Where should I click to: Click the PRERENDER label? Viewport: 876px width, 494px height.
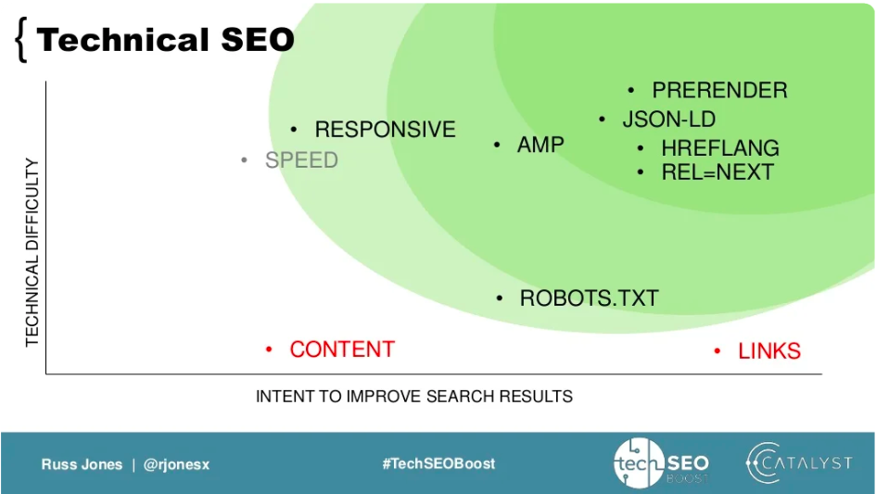pos(719,91)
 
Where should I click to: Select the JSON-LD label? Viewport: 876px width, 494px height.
pos(668,120)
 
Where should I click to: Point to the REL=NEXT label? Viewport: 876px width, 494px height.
pos(717,172)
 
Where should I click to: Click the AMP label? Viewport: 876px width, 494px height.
pos(540,145)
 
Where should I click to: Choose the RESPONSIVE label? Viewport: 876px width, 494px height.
pos(385,130)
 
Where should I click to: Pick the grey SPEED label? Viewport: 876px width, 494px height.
pos(301,160)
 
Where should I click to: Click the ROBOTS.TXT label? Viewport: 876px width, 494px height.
pos(589,298)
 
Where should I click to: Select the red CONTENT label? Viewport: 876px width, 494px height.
pos(342,349)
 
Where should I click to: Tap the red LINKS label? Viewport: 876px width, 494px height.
pos(768,351)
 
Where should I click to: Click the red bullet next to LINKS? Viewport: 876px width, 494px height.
pos(717,351)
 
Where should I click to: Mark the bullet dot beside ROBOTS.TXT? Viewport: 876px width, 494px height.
pos(500,298)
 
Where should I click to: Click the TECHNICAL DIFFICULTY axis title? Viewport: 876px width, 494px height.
pos(32,252)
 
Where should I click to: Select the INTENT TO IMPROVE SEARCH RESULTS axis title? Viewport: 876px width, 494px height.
pos(413,397)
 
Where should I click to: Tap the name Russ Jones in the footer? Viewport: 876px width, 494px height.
pos(82,464)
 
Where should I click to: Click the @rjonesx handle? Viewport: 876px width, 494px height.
pos(176,464)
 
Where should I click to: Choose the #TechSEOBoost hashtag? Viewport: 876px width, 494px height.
pos(438,463)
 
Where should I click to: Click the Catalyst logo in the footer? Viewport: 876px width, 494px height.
pos(798,463)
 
